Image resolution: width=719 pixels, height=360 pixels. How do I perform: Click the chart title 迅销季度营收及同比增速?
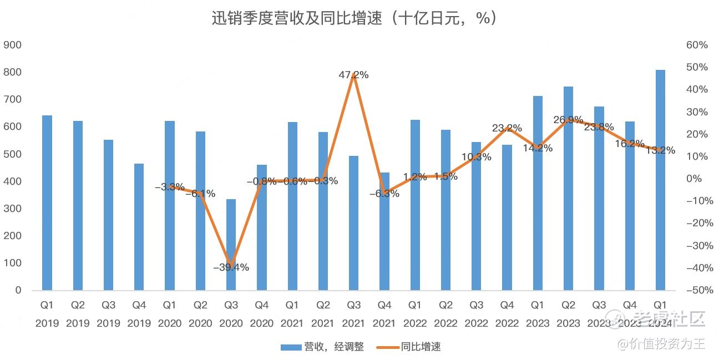click(x=353, y=18)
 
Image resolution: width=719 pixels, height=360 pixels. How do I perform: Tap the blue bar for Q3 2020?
click(x=231, y=245)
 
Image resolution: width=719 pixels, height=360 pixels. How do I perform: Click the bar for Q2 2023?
click(x=568, y=189)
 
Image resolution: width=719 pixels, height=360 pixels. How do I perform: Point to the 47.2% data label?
click(x=353, y=75)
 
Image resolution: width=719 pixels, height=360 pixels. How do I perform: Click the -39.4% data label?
click(x=231, y=267)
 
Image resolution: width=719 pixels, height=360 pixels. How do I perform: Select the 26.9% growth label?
click(x=568, y=120)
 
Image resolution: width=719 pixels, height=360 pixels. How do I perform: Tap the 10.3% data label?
click(x=476, y=157)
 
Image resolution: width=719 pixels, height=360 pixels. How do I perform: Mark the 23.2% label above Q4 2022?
click(x=507, y=128)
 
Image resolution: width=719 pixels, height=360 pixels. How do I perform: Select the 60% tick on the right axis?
click(x=697, y=45)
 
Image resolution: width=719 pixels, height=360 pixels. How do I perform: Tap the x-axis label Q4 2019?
click(x=139, y=314)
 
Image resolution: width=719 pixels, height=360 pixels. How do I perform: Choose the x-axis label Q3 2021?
click(x=353, y=314)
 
